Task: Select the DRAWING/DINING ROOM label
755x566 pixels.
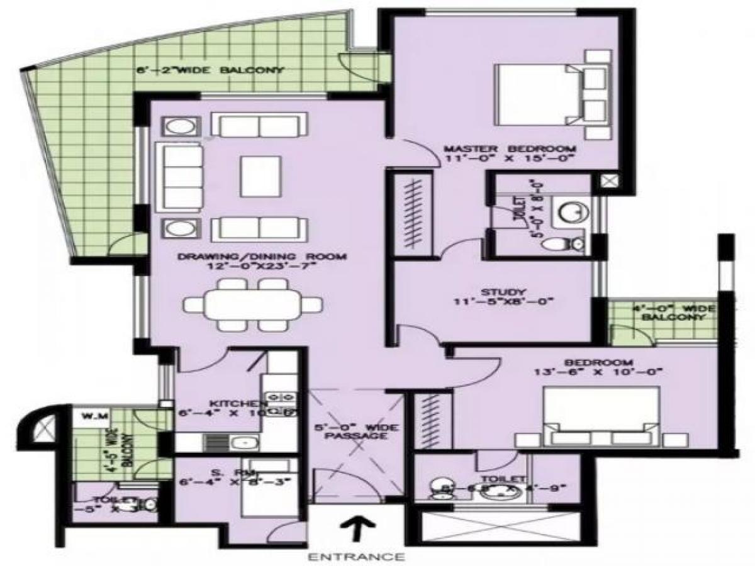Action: click(x=262, y=257)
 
